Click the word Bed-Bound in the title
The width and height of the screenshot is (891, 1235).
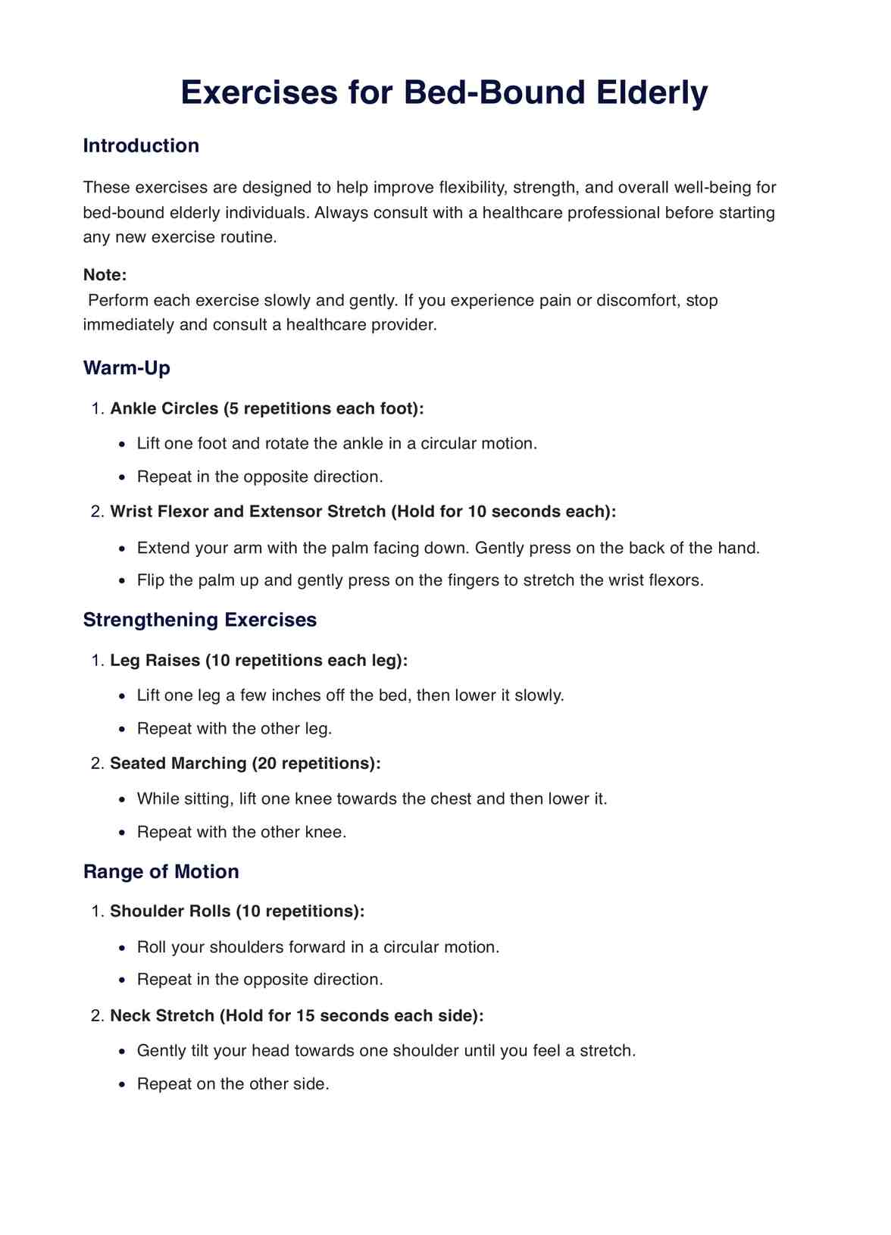coord(495,92)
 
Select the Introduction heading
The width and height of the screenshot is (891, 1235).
coord(141,145)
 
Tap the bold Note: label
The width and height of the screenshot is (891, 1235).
coord(105,275)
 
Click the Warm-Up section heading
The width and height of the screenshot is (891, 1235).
coord(127,368)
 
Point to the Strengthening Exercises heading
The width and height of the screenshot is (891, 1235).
coord(200,620)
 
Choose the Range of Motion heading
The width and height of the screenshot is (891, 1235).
coord(161,871)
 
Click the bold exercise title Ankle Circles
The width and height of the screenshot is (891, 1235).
coord(164,408)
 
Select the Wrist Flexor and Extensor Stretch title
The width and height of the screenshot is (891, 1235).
coord(249,511)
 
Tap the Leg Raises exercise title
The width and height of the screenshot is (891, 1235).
coord(155,660)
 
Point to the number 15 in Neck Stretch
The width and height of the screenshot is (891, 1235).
coord(306,1015)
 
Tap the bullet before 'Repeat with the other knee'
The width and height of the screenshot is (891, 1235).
coord(123,833)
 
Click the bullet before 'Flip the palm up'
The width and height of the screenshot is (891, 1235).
coord(123,581)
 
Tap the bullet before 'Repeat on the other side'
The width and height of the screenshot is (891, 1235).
coord(123,1084)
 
